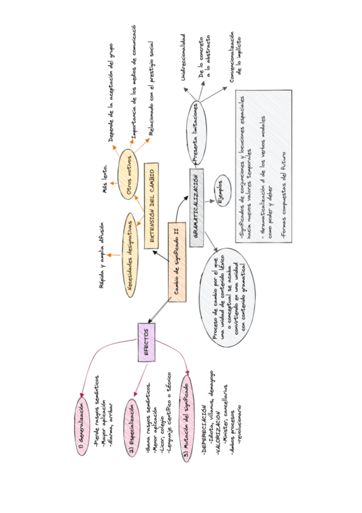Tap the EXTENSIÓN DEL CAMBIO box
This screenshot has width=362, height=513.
coord(151,197)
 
